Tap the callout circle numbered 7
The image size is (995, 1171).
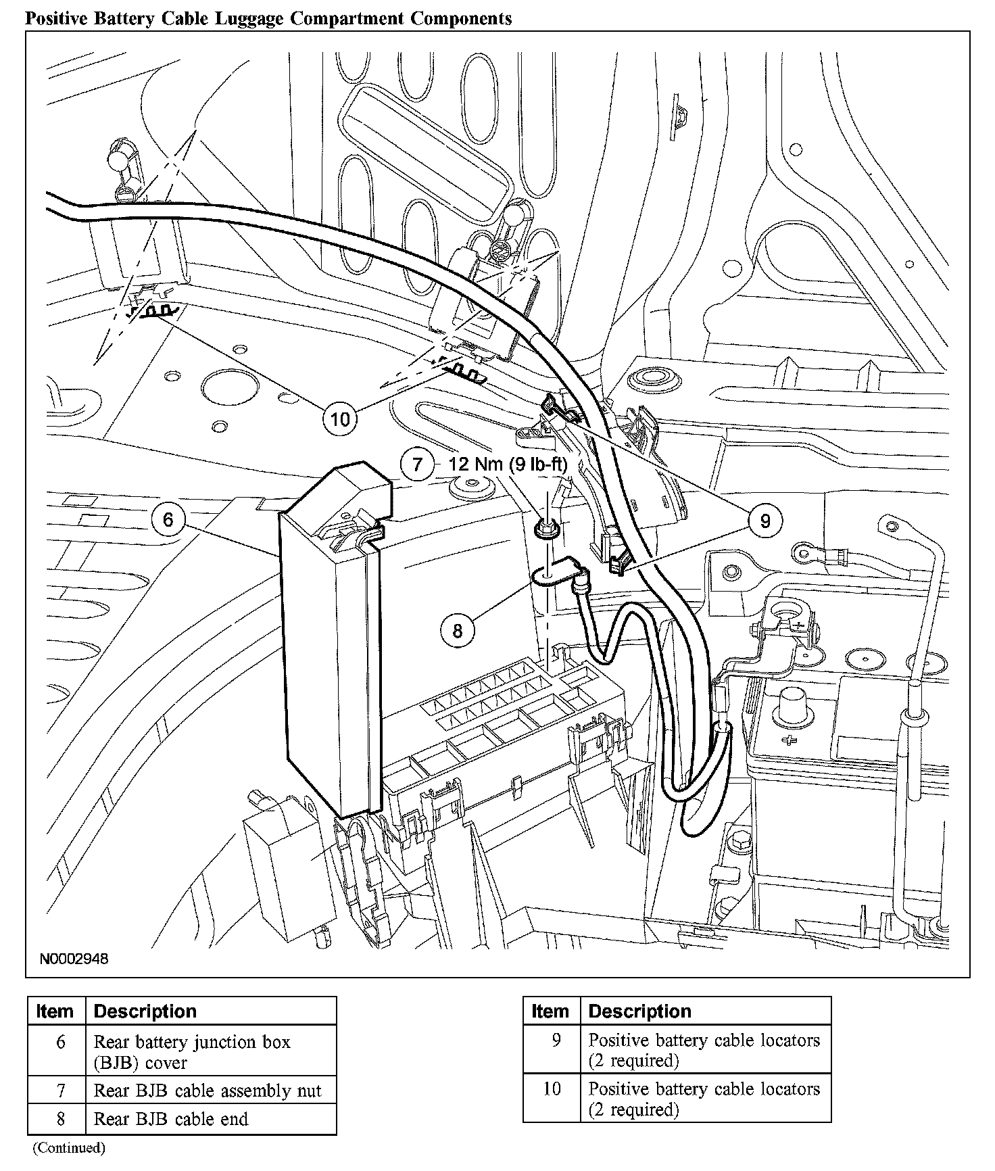click(417, 464)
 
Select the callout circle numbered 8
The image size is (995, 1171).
click(458, 630)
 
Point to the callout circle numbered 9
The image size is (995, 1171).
click(765, 521)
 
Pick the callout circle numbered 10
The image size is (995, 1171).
click(340, 419)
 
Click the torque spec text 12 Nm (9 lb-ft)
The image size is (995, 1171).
click(508, 464)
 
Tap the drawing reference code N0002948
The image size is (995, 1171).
click(74, 959)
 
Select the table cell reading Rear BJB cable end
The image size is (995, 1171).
click(171, 1119)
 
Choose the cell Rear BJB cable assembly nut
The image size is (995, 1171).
click(208, 1091)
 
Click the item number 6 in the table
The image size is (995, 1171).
click(61, 1043)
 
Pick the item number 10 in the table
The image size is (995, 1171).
click(552, 1089)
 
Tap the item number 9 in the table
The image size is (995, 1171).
click(556, 1040)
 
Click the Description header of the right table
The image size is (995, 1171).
click(639, 1011)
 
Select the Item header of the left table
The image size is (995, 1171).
click(55, 1011)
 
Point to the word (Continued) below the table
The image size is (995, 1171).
click(69, 1147)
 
